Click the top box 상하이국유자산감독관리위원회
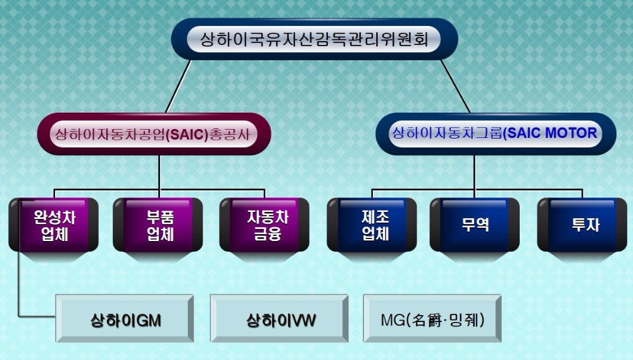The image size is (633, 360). click(x=315, y=40)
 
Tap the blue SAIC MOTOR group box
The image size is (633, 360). click(x=495, y=133)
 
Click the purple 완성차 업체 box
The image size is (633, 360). click(x=53, y=225)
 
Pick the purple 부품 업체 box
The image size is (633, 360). click(x=160, y=225)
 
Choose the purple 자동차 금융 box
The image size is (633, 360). click(x=266, y=225)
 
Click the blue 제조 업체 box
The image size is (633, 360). click(x=373, y=225)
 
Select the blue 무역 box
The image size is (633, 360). click(x=475, y=225)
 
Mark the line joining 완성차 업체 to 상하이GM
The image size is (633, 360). click(x=20, y=278)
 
